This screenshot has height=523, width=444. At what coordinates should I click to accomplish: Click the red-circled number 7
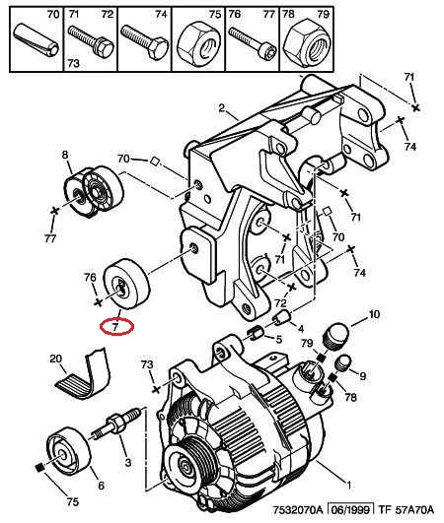tap(115, 327)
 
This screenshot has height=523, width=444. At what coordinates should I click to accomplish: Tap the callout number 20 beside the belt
tap(56, 359)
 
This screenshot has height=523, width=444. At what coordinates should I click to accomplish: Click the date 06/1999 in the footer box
tap(350, 509)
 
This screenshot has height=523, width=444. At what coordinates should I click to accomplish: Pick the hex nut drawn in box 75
tap(197, 41)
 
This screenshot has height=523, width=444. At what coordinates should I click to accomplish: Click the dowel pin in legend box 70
tap(37, 40)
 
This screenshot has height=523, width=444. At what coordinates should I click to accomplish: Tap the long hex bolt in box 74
tap(145, 41)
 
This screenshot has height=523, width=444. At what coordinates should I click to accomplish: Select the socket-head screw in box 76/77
tap(253, 42)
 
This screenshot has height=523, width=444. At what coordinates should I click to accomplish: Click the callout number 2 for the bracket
tap(221, 108)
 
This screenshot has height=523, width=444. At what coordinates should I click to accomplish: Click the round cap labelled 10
tap(336, 335)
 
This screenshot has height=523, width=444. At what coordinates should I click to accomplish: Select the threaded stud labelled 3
tap(115, 424)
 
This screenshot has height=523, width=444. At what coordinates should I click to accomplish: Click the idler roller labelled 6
tap(68, 450)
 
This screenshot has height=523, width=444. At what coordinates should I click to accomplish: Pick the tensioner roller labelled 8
tap(94, 192)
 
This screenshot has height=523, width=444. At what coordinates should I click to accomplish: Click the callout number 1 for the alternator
tap(348, 485)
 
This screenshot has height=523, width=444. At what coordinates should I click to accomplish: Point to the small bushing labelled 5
tap(256, 334)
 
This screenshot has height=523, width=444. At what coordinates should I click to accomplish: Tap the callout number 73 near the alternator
tap(147, 364)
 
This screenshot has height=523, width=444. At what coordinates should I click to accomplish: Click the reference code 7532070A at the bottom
tap(298, 510)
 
